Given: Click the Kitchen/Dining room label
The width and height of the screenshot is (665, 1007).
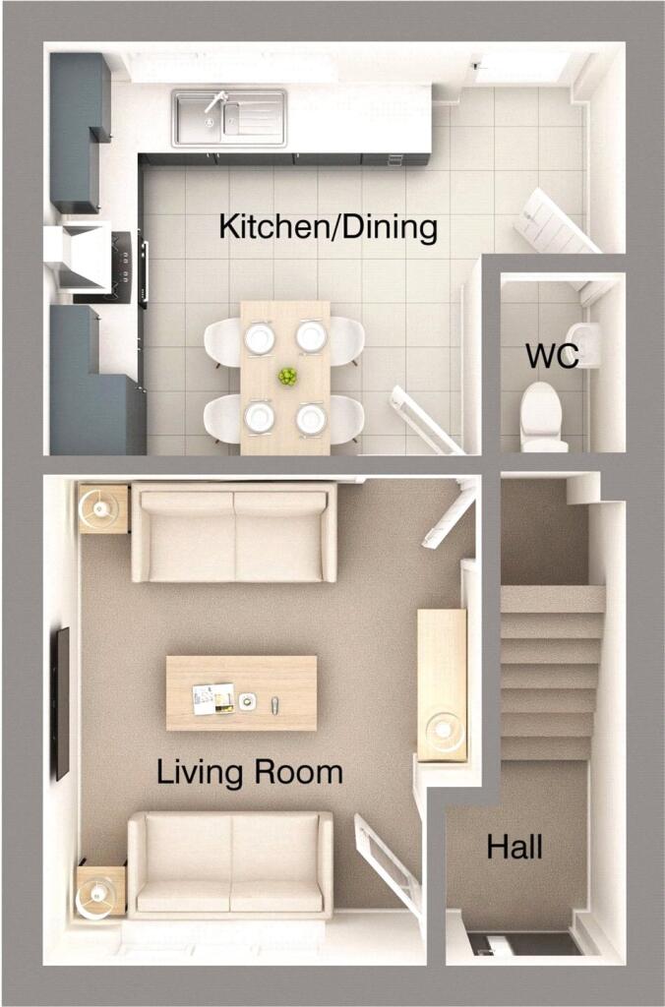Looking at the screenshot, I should pos(328,227).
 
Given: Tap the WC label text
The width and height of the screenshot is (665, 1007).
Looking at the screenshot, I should pos(551,357).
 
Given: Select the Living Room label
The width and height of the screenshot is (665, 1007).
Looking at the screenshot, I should pos(250,772).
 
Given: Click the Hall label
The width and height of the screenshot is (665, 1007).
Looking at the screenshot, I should pos(514,847).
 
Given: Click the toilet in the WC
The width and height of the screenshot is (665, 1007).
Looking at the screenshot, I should pos(543,415).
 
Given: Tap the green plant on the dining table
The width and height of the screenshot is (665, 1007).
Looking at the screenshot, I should pos(286,377).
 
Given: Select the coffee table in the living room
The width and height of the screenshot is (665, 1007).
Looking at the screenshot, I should pos(241,693).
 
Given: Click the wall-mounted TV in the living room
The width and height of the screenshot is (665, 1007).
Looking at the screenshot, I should pos(62,702).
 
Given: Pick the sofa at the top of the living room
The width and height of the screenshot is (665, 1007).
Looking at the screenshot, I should pos(234,533).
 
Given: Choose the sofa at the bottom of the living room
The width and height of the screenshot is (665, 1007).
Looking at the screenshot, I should pos(230,864).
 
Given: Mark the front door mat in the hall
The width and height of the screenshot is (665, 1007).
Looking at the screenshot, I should pos(523,943).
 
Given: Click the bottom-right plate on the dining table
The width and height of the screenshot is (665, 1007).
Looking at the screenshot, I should pos(312,418).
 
